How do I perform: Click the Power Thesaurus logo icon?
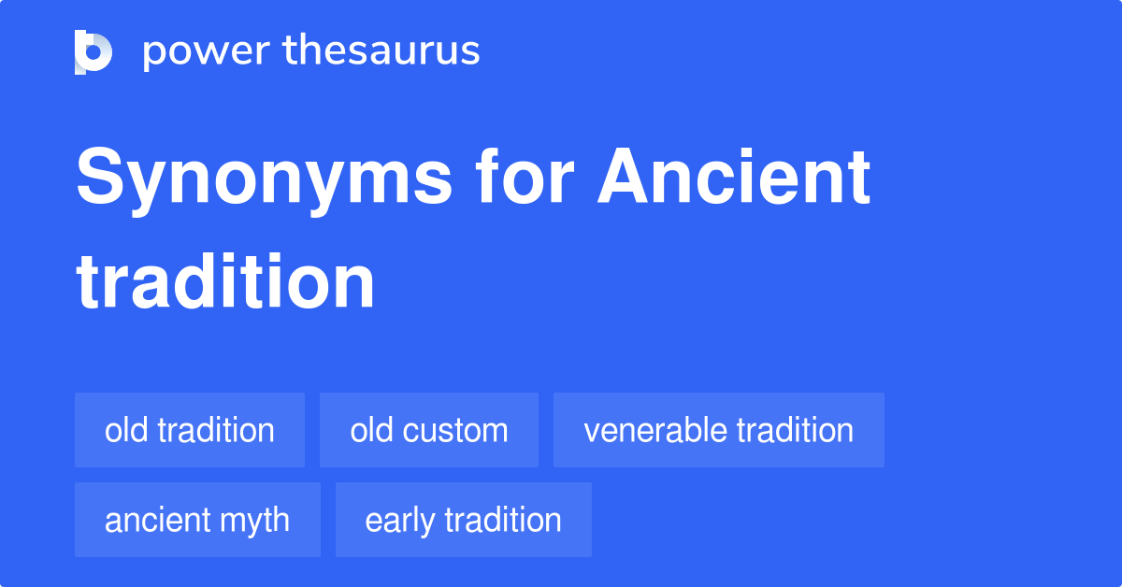93,51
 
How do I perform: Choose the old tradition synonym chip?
190,431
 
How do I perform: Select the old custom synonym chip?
429,431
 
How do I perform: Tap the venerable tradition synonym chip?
718,431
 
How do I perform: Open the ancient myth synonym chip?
197,521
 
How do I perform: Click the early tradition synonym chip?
463,521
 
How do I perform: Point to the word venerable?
654,431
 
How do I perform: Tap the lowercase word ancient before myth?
157,521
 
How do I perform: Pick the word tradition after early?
503,521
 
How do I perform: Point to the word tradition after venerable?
795,431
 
